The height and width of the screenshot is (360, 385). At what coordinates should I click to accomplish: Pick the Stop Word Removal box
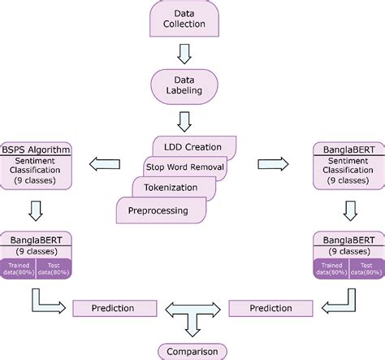(184, 167)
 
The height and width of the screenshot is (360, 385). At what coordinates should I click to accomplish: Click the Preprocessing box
(158, 210)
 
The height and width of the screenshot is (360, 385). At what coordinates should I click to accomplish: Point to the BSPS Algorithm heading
(37, 150)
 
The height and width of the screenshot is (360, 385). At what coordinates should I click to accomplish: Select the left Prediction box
(113, 309)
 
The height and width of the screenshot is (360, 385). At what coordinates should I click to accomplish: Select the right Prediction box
(270, 309)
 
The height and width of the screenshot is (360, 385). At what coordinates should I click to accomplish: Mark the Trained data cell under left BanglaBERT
(19, 270)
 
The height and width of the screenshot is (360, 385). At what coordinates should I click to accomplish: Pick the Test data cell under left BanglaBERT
(54, 270)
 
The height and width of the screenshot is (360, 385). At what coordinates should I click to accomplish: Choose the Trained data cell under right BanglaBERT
(331, 270)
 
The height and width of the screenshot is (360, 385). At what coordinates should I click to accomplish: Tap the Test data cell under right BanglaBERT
(366, 270)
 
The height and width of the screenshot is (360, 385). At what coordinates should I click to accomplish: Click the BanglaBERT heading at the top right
(348, 150)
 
